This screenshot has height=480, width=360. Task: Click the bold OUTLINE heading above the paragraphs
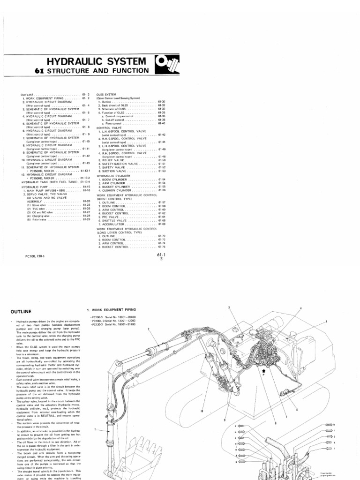[x=21, y=311]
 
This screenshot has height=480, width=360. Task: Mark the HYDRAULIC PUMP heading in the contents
[x=36, y=187]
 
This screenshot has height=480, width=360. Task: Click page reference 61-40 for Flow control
[x=162, y=123]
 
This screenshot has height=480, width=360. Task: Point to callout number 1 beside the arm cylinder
[x=95, y=429]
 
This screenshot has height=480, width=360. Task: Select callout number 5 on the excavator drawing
[x=326, y=322]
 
